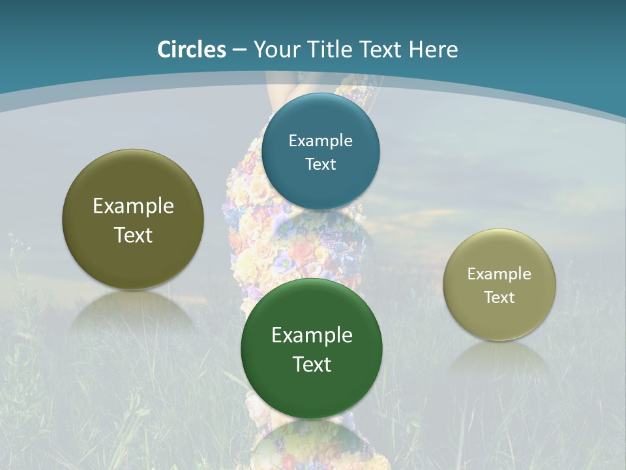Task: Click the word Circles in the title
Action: click(191, 50)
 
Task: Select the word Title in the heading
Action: click(335, 50)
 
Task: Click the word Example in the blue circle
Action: click(321, 140)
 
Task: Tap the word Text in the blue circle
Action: click(321, 164)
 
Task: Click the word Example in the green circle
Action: click(312, 335)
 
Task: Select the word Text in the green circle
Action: click(312, 364)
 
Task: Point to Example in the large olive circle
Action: click(133, 206)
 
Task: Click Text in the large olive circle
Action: click(133, 235)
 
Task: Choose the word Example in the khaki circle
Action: click(499, 274)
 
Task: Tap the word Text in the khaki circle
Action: click(499, 297)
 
